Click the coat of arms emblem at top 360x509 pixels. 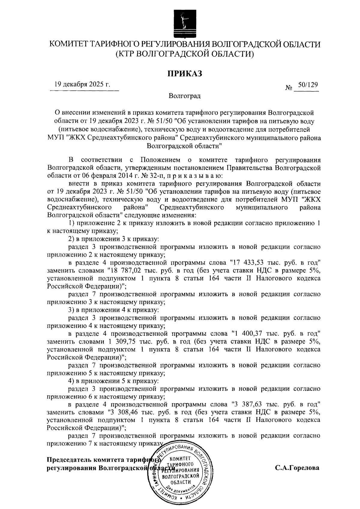[x=182, y=23]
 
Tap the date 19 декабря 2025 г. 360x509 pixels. [x=82, y=84]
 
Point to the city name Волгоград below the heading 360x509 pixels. [x=184, y=96]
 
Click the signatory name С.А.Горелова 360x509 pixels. [x=297, y=468]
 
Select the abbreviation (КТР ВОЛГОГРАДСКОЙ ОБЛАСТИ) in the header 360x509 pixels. [x=184, y=54]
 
